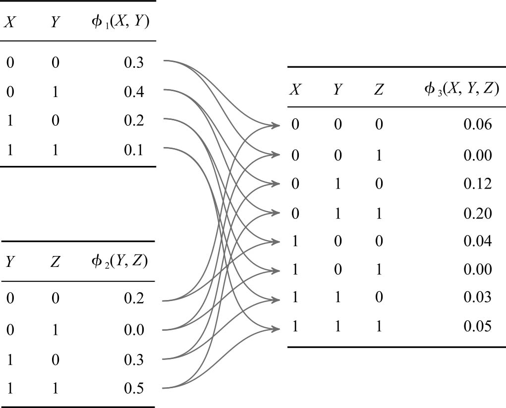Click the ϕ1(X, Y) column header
120,23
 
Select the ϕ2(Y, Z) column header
120,261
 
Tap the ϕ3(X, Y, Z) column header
462,89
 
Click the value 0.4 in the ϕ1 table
134,92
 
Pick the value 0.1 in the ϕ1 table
134,150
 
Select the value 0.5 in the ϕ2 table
134,388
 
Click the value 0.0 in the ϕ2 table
134,330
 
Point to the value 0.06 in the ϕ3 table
478,124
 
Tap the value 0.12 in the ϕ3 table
478,184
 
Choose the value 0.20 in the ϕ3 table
478,213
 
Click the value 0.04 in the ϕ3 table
478,241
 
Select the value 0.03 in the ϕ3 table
478,297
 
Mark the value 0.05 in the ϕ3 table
478,326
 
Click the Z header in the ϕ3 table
379,89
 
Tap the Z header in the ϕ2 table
55,261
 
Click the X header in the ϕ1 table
10,23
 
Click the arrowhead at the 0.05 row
276,329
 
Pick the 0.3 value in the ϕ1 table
134,62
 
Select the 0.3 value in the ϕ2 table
134,359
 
